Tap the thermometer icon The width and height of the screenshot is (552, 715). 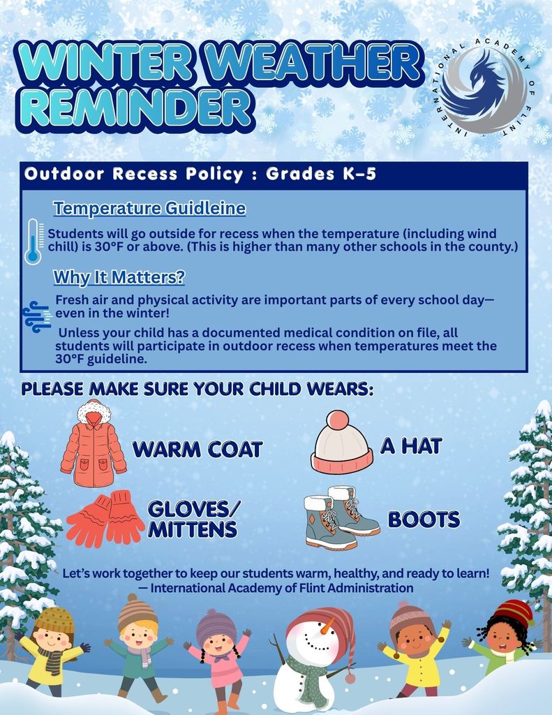[x=33, y=242]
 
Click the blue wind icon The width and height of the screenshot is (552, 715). [x=36, y=316]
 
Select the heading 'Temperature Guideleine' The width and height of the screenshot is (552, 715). [x=149, y=208]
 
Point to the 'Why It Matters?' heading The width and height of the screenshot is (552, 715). [x=119, y=277]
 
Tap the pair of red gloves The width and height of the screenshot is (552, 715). [x=105, y=517]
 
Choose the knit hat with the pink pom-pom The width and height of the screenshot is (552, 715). [x=341, y=444]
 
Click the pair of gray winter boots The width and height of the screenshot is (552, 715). [x=341, y=517]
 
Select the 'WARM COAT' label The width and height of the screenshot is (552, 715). [x=197, y=449]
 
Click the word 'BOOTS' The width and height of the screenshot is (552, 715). [x=424, y=519]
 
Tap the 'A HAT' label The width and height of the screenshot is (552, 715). [x=411, y=445]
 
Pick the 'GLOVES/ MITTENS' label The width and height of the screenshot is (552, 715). [x=192, y=519]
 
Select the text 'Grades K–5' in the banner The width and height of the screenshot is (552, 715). [x=321, y=174]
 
